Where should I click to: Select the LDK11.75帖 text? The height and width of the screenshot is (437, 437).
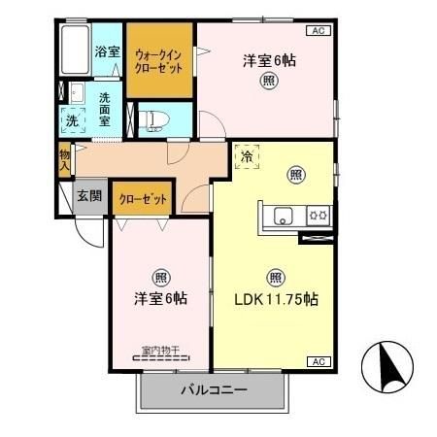tap(276, 299)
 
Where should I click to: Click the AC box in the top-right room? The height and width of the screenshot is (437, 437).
tap(317, 31)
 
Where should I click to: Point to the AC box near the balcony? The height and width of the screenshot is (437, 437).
tap(317, 361)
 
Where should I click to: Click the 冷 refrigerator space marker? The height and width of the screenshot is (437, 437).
tap(247, 156)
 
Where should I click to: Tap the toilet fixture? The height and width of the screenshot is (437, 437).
tap(154, 120)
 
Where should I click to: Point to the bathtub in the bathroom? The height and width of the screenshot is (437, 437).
tap(74, 50)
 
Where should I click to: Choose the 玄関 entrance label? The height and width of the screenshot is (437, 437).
tap(91, 195)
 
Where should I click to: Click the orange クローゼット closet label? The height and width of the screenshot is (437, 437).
tap(143, 199)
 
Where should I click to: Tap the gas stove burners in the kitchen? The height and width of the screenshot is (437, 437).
tap(317, 215)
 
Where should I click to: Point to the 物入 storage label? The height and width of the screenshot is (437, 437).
tap(64, 160)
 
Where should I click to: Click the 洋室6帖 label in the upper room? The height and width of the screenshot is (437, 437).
tap(265, 60)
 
